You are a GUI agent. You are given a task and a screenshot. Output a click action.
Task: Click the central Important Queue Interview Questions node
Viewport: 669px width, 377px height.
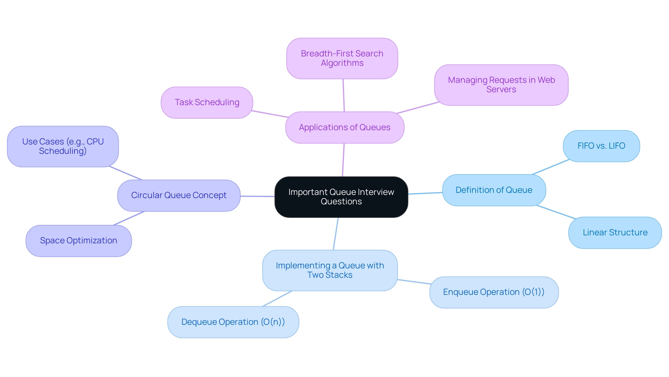point(341,197)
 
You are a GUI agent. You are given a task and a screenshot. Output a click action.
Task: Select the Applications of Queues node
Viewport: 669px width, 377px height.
point(345,127)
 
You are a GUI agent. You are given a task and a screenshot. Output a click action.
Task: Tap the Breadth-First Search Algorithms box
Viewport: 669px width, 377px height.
point(342,58)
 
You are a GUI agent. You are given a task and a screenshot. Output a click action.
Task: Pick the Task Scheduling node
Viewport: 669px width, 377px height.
point(207,102)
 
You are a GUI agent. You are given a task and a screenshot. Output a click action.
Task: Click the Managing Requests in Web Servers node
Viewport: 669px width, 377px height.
point(501,85)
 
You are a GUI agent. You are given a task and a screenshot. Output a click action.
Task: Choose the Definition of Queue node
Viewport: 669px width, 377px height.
point(494,190)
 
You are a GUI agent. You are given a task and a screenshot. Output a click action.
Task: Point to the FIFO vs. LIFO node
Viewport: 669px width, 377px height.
point(601,146)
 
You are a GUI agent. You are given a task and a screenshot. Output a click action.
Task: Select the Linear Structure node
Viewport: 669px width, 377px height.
point(615,233)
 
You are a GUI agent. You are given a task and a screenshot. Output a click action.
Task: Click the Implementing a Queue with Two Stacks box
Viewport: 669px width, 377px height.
point(330,270)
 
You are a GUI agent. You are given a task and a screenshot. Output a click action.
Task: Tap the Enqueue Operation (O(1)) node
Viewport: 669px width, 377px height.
point(494,292)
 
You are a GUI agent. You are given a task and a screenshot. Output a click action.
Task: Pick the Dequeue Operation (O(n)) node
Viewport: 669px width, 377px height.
point(233,322)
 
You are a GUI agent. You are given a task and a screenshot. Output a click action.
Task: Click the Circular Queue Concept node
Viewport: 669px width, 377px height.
point(179,195)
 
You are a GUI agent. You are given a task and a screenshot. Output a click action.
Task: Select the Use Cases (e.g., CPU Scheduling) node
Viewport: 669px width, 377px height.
point(63,147)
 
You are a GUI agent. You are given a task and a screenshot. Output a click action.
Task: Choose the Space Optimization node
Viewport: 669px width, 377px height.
point(78,241)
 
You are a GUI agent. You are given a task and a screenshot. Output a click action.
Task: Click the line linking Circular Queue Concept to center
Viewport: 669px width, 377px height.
point(257,196)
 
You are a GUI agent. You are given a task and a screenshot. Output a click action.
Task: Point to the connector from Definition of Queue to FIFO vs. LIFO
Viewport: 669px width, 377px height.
point(551,167)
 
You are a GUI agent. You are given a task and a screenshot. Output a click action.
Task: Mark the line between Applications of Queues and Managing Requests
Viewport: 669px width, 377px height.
point(418,108)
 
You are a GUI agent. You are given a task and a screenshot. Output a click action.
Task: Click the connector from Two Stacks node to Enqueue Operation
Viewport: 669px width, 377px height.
point(414,282)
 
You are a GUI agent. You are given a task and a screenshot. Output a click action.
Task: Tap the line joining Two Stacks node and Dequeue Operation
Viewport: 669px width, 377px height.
point(277,299)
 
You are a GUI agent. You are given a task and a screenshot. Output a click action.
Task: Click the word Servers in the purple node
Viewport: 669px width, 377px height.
point(501,90)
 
